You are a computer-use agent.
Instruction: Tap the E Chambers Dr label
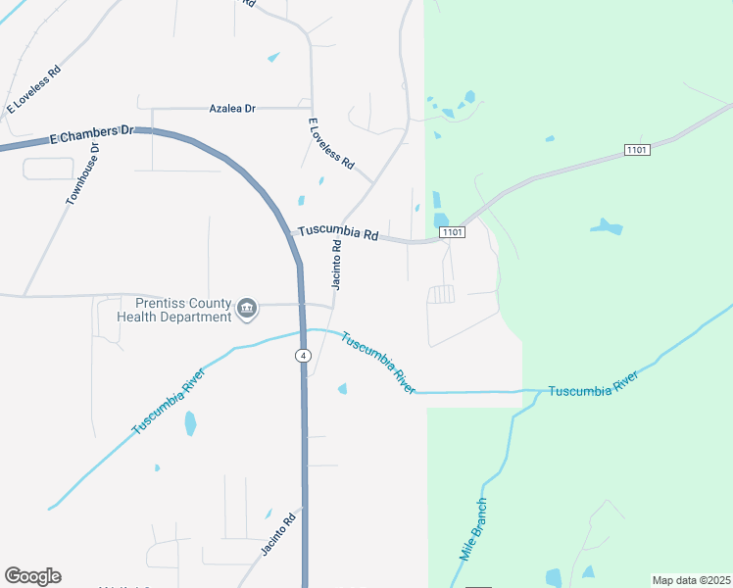pyautogui.click(x=91, y=136)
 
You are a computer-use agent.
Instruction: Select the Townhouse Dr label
pyautogui.click(x=83, y=174)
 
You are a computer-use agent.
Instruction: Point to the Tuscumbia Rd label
pyautogui.click(x=338, y=234)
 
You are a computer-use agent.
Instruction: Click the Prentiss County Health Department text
pyautogui.click(x=175, y=310)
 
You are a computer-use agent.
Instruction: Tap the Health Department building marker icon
pyautogui.click(x=247, y=311)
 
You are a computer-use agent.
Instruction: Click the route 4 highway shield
pyautogui.click(x=304, y=355)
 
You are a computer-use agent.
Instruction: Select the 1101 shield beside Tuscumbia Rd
pyautogui.click(x=452, y=232)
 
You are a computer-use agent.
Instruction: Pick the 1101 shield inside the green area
pyautogui.click(x=638, y=149)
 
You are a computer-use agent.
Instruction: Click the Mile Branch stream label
pyautogui.click(x=473, y=529)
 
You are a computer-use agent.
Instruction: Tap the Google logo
pyautogui.click(x=32, y=576)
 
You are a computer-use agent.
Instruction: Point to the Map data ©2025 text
pyautogui.click(x=690, y=580)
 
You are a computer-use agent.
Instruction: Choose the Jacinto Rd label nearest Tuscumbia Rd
pyautogui.click(x=335, y=266)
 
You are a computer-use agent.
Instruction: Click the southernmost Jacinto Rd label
pyautogui.click(x=277, y=536)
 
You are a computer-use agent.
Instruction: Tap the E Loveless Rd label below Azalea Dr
pyautogui.click(x=330, y=145)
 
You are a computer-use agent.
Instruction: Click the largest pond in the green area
pyautogui.click(x=607, y=227)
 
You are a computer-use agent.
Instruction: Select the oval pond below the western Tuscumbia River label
pyautogui.click(x=190, y=423)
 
